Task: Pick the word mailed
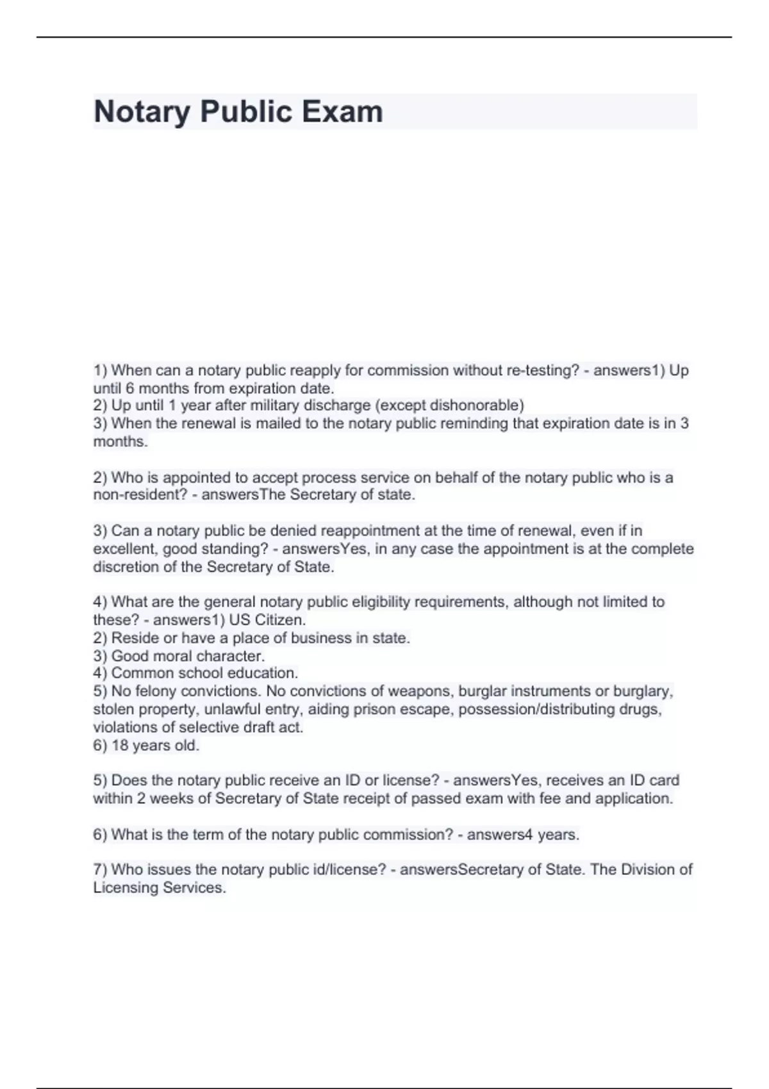tap(278, 423)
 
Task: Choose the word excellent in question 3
tap(125, 549)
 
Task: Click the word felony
tap(156, 691)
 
